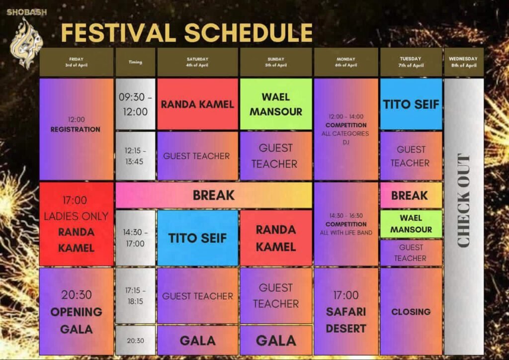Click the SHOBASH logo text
coord(27,12)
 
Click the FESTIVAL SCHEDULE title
coord(187,33)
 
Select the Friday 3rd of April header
coord(76,62)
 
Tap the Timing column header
coord(135,62)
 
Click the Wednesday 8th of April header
coord(463,62)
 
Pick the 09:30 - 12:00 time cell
coord(135,104)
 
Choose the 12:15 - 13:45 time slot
coord(135,156)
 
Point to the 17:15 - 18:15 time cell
coord(135,296)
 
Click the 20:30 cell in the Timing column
coord(135,341)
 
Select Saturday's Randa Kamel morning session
coord(197,104)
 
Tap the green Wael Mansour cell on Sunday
coord(276,104)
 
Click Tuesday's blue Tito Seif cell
coord(411,104)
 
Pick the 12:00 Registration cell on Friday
coord(76,129)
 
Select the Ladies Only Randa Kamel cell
coord(76,224)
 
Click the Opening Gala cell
coord(76,311)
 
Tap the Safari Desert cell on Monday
coord(346,311)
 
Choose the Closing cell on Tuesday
coord(411,311)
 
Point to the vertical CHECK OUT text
coord(464,200)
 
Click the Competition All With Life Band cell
coord(346,224)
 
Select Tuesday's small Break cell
coord(411,195)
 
